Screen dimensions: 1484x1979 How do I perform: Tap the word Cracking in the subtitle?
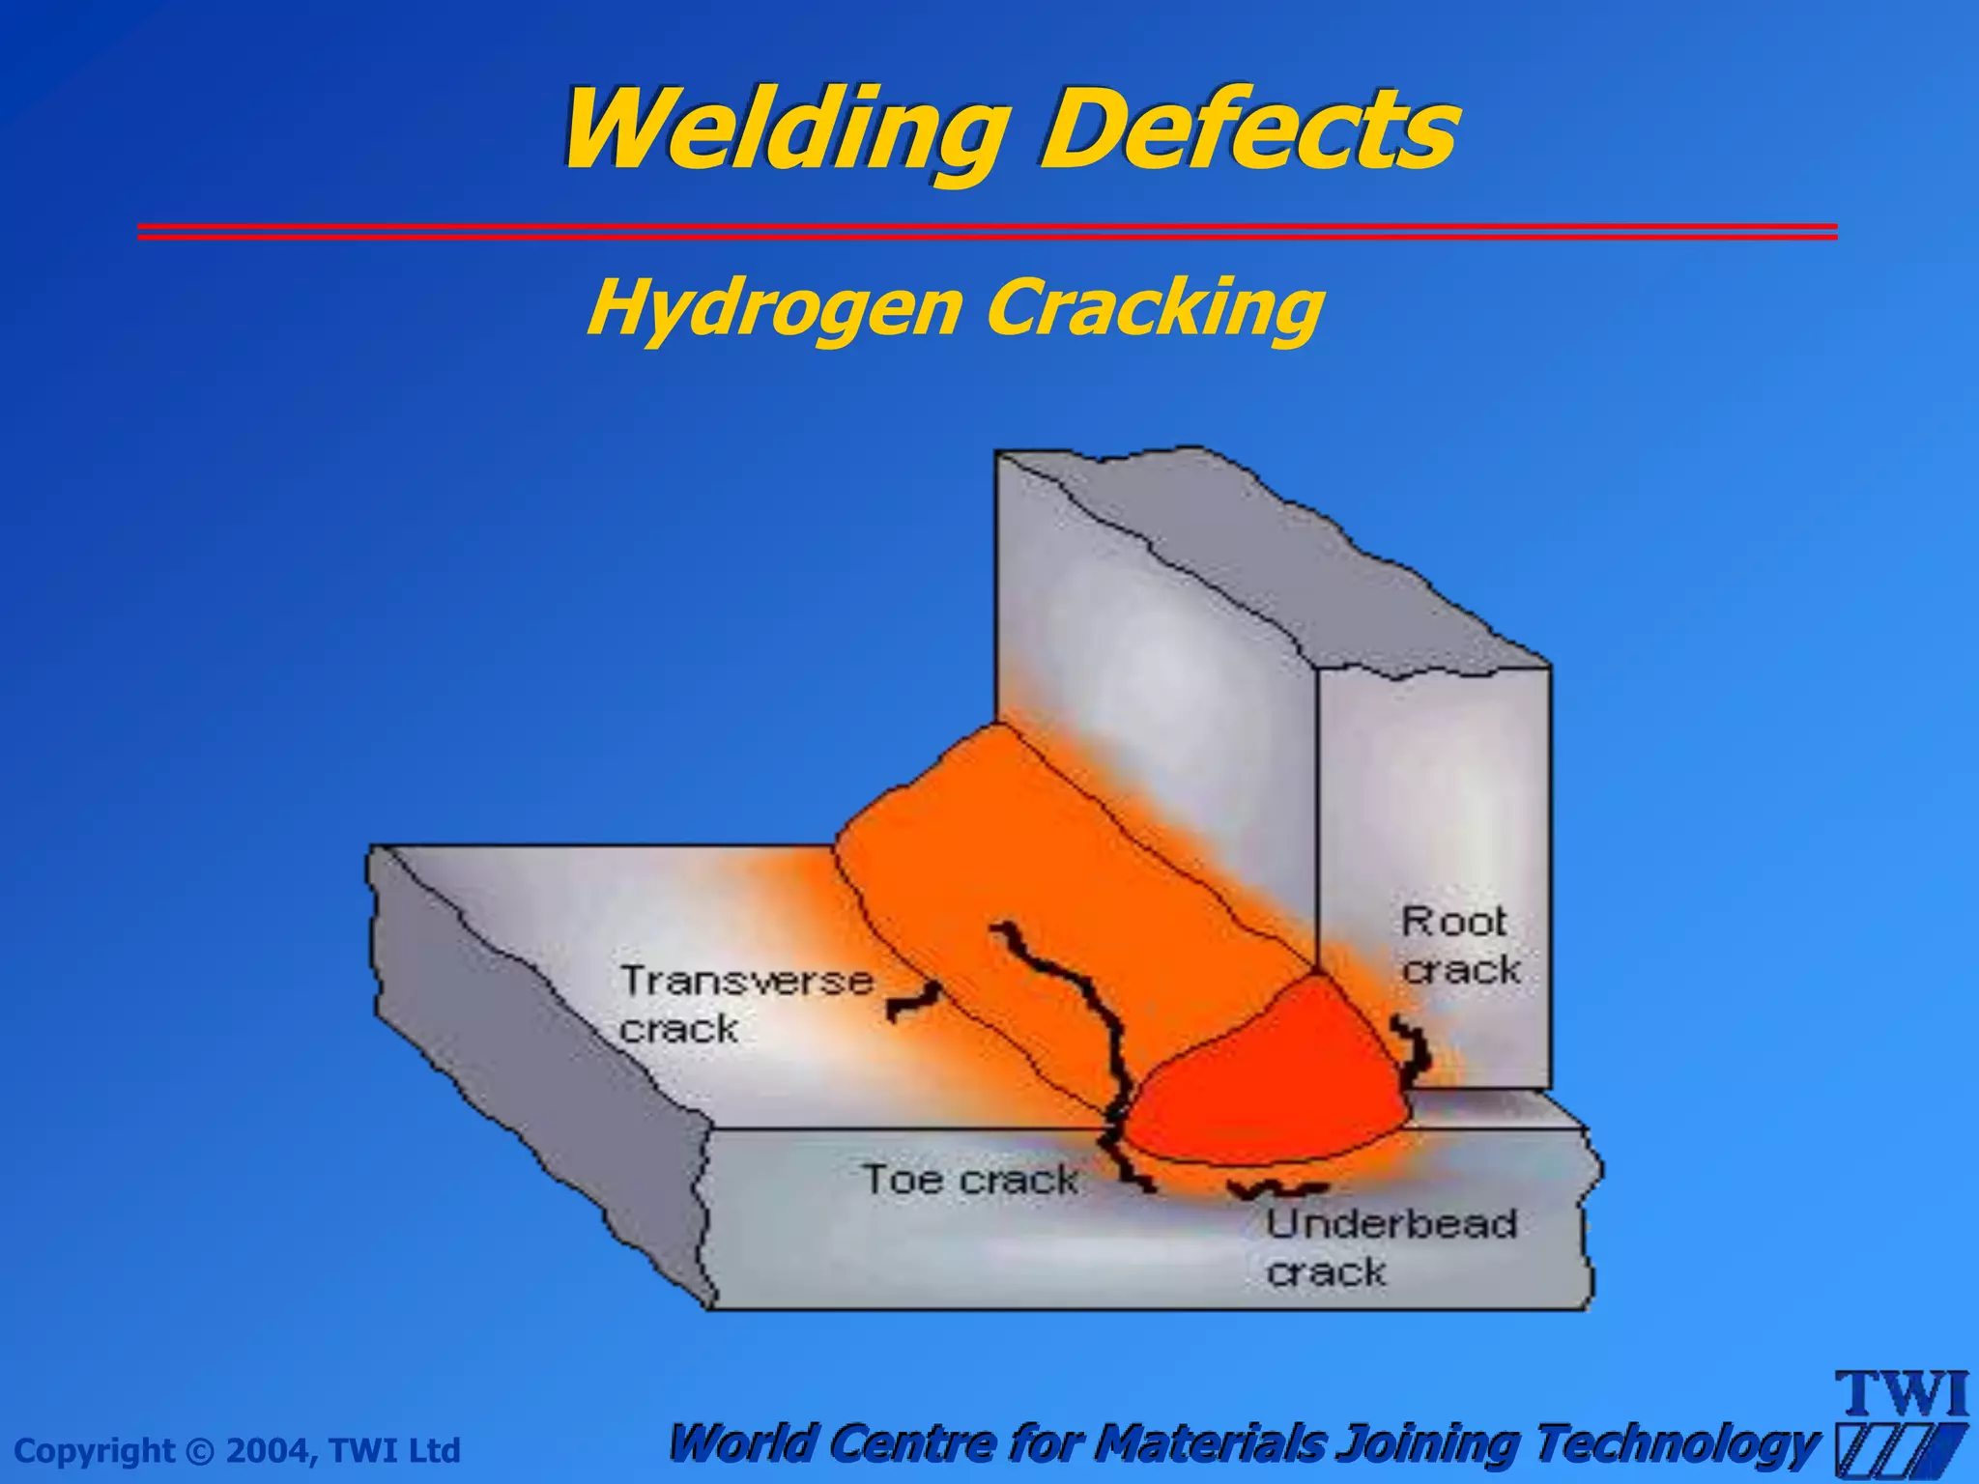(1155, 307)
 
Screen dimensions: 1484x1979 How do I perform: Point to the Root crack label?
(1460, 946)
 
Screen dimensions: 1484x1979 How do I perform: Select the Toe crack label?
(969, 1180)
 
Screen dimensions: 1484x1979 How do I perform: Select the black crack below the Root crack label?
(1414, 1048)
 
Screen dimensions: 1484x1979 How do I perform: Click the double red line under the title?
(986, 231)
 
